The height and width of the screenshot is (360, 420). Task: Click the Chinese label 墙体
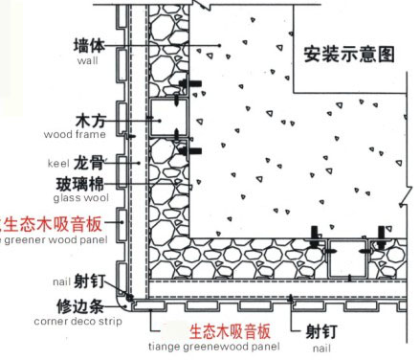click(88, 45)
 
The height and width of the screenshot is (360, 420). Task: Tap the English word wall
click(88, 60)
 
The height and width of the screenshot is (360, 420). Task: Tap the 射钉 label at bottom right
click(321, 332)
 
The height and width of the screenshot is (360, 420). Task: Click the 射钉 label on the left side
click(89, 281)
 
